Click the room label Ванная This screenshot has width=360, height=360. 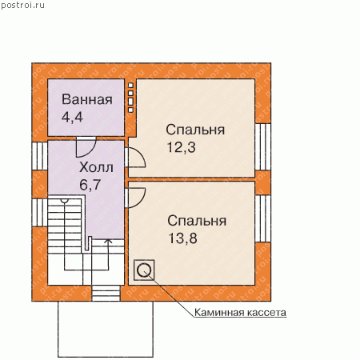click(87, 99)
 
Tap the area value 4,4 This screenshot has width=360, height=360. click(72, 117)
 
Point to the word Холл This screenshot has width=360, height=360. click(96, 167)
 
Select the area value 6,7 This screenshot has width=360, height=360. click(90, 185)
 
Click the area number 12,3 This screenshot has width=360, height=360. click(182, 147)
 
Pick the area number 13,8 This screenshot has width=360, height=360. click(183, 238)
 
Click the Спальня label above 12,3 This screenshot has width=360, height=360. click(195, 130)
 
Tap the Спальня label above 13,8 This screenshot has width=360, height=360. click(197, 221)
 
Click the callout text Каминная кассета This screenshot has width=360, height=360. click(240, 312)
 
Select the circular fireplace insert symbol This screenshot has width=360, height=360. click(144, 270)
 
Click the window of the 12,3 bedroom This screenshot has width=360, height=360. click(263, 146)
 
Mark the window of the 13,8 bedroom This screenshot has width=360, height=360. click(263, 218)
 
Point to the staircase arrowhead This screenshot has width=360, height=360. click(108, 241)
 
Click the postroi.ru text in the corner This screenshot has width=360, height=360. click(22, 6)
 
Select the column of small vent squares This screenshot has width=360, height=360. click(130, 98)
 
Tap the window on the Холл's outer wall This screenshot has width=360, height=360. click(40, 156)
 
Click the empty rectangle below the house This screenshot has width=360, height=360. click(106, 330)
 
